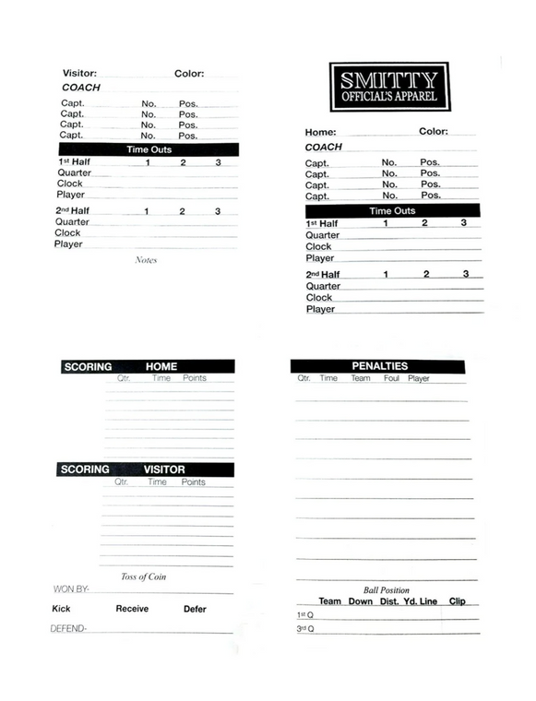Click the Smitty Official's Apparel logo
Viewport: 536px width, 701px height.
388,87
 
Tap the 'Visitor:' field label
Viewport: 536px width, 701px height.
78,73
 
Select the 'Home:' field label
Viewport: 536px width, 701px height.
321,132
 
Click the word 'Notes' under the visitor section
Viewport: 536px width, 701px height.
146,260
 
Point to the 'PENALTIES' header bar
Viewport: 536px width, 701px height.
378,366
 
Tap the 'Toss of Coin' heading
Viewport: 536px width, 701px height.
143,577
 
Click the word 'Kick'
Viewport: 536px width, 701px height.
61,609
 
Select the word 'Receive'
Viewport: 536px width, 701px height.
132,609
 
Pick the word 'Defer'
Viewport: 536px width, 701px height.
195,609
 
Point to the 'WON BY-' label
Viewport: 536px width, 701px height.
71,589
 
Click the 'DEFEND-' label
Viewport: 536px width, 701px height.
67,629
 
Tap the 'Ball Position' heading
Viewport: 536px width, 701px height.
386,590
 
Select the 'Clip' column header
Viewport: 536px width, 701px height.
457,601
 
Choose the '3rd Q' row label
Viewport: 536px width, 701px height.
305,629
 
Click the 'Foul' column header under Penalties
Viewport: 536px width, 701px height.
391,378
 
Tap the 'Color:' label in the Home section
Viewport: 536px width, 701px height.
434,132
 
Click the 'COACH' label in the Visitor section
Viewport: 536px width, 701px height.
81,88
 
